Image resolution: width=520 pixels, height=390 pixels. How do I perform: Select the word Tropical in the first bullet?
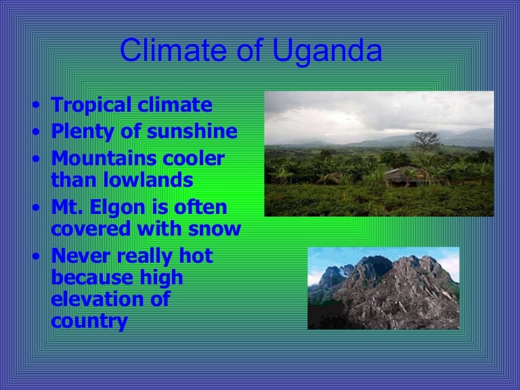coord(90,106)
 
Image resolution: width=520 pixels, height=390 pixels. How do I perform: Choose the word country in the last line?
coord(89,320)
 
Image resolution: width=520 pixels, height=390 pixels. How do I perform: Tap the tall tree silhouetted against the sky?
coord(425,144)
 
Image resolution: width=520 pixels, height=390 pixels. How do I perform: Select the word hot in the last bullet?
coord(195,257)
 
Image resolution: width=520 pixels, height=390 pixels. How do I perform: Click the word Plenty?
coord(79,132)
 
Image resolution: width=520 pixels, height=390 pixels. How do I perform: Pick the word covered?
coord(91,230)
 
